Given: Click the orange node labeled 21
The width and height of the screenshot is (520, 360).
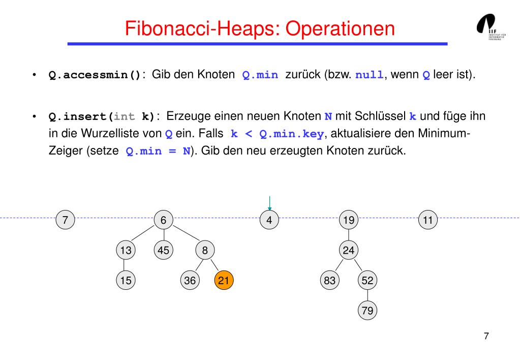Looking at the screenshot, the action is coord(224,280).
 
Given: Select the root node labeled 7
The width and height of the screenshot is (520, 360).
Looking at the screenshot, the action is coord(65,220).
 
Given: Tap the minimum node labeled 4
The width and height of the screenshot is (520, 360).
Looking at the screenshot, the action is coord(270,220).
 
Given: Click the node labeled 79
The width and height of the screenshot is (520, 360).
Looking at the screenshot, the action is coord(368,310).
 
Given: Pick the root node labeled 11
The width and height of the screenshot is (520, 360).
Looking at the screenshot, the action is coord(428,220).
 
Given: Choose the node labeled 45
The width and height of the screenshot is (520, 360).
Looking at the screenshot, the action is coord(164,250).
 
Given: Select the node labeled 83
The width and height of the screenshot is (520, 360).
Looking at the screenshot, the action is coord(330,280).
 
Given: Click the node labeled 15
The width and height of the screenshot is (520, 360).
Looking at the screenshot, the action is coord(126,280).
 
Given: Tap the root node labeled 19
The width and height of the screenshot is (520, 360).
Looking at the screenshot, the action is coord(349,220).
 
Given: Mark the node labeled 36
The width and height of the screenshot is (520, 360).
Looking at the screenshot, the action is coord(190,280).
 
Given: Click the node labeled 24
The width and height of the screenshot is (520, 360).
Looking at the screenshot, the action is coord(349,250).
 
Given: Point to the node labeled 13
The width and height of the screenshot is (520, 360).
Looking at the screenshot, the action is coord(126,250).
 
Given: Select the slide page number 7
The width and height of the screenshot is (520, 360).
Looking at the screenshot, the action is coord(486,336).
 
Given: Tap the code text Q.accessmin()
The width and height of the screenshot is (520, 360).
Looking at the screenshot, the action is coord(95,75).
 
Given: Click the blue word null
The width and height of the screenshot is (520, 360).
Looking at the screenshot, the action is coord(370,75).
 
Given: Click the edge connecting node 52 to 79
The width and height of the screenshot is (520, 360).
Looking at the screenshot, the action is coord(368,295).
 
